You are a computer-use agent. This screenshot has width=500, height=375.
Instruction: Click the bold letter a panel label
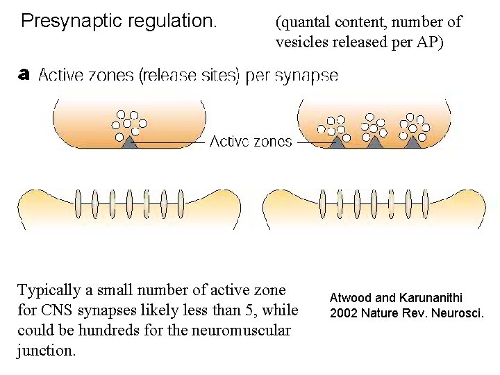[x=24, y=73]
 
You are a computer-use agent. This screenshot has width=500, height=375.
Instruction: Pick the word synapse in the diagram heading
[x=306, y=76]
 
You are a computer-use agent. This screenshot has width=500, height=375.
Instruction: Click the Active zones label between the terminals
[x=251, y=142]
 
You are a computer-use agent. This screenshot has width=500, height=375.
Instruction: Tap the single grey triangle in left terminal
[x=130, y=142]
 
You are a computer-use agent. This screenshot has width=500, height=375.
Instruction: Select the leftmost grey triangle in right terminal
[x=338, y=142]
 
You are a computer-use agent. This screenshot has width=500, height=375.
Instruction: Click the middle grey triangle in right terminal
[x=376, y=142]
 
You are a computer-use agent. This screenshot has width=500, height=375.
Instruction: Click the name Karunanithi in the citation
[x=437, y=298]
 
